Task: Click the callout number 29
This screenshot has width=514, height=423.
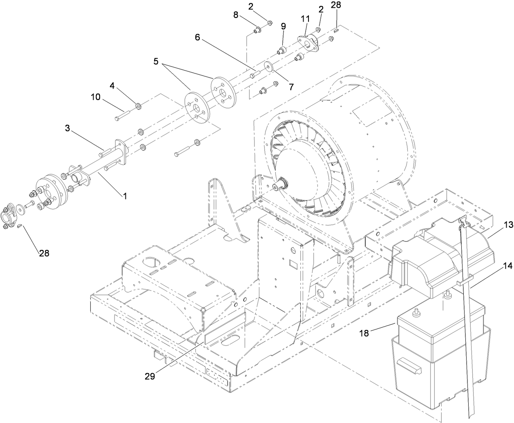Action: (150, 376)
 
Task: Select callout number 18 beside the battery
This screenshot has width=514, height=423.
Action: (364, 333)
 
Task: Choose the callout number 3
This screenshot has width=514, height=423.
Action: (67, 128)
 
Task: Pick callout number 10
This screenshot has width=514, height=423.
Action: (95, 97)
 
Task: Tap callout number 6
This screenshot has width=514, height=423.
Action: (197, 37)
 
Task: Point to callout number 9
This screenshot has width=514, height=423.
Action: (283, 26)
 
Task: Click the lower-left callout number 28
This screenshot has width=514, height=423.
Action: (44, 253)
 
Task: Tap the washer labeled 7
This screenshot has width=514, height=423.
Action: (268, 65)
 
